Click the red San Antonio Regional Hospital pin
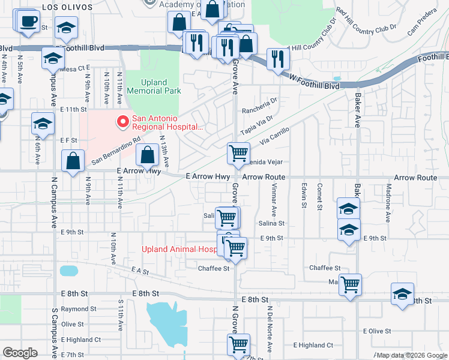tap(123, 122)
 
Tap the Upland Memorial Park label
tap(152, 86)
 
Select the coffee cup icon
tap(28, 23)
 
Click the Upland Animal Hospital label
tap(178, 250)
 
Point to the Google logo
tap(20, 353)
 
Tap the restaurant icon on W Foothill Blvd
tap(277, 59)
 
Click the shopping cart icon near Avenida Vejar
tap(238, 154)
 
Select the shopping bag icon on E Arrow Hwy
tap(148, 156)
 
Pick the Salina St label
tap(271, 223)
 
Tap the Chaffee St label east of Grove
tap(325, 268)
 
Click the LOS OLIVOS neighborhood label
tap(67, 7)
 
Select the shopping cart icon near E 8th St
tap(350, 284)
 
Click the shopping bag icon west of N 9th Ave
tap(73, 161)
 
